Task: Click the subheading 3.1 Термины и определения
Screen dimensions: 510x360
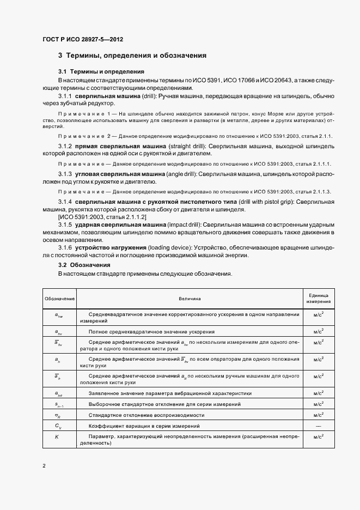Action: click(101, 71)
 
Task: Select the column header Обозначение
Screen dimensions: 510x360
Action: click(59, 299)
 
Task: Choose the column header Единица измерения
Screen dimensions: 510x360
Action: click(318, 299)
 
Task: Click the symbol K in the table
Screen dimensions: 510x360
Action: click(57, 436)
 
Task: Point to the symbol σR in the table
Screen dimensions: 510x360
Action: click(58, 414)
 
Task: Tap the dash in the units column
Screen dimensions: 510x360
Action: click(318, 425)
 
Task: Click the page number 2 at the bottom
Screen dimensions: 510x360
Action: click(44, 466)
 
